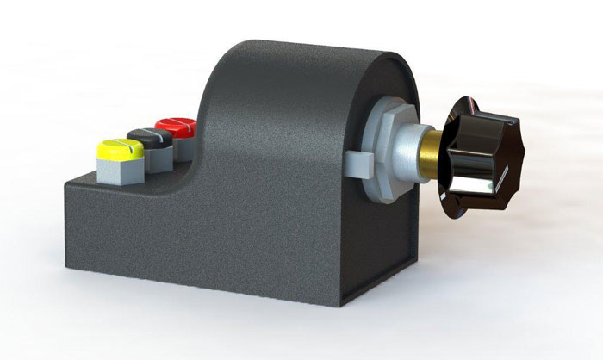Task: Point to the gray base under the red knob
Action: point(184,149)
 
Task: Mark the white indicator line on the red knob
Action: point(180,125)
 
